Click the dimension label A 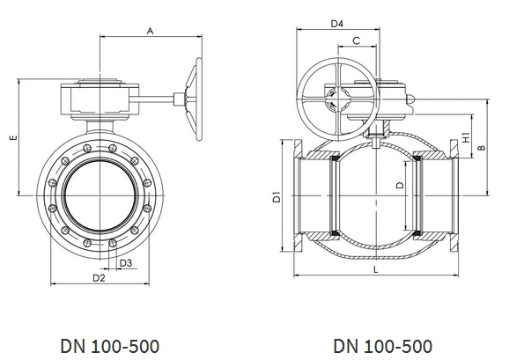pyautogui.click(x=150, y=31)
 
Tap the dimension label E pyautogui.click(x=13, y=137)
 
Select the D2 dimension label pyautogui.click(x=99, y=277)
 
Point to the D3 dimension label pyautogui.click(x=126, y=263)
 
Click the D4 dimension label pyautogui.click(x=336, y=24)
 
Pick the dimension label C pyautogui.click(x=357, y=40)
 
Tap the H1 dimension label pyautogui.click(x=466, y=137)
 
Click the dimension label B pyautogui.click(x=481, y=147)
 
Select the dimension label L pyautogui.click(x=375, y=269)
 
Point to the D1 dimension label pyautogui.click(x=277, y=196)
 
